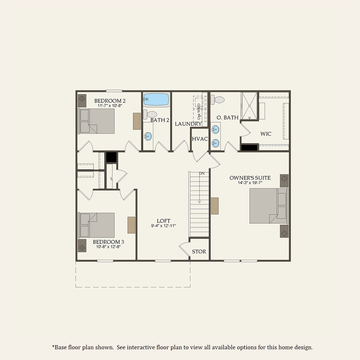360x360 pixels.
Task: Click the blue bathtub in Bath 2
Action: (x=156, y=99)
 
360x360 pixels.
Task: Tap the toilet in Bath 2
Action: (x=150, y=114)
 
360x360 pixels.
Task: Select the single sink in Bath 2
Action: (x=148, y=136)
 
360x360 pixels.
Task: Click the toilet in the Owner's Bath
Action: (x=217, y=100)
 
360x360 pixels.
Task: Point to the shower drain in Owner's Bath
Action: (x=249, y=106)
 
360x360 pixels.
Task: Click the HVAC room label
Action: (x=200, y=139)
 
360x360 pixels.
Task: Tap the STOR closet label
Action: (x=199, y=252)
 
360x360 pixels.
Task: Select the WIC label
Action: (x=266, y=134)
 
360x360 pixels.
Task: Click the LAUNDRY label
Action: (x=188, y=124)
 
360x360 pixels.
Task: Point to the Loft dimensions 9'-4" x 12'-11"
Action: (x=163, y=226)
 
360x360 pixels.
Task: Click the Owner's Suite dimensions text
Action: (x=250, y=183)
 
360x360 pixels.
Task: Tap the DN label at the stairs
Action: (x=202, y=173)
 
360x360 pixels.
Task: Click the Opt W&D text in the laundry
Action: (x=199, y=111)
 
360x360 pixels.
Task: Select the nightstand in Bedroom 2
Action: (x=82, y=101)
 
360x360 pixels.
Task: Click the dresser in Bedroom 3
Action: (x=131, y=225)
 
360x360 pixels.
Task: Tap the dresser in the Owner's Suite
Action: (x=215, y=206)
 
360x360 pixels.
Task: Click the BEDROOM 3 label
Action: (x=108, y=242)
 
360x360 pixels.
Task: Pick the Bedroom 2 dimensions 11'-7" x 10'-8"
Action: (x=110, y=106)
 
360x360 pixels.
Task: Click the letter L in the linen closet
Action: (x=111, y=179)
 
